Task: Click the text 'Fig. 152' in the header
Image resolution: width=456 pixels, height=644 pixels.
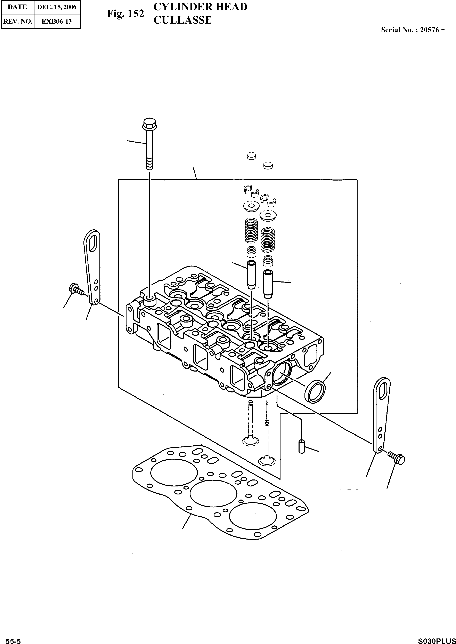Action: coord(125,14)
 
